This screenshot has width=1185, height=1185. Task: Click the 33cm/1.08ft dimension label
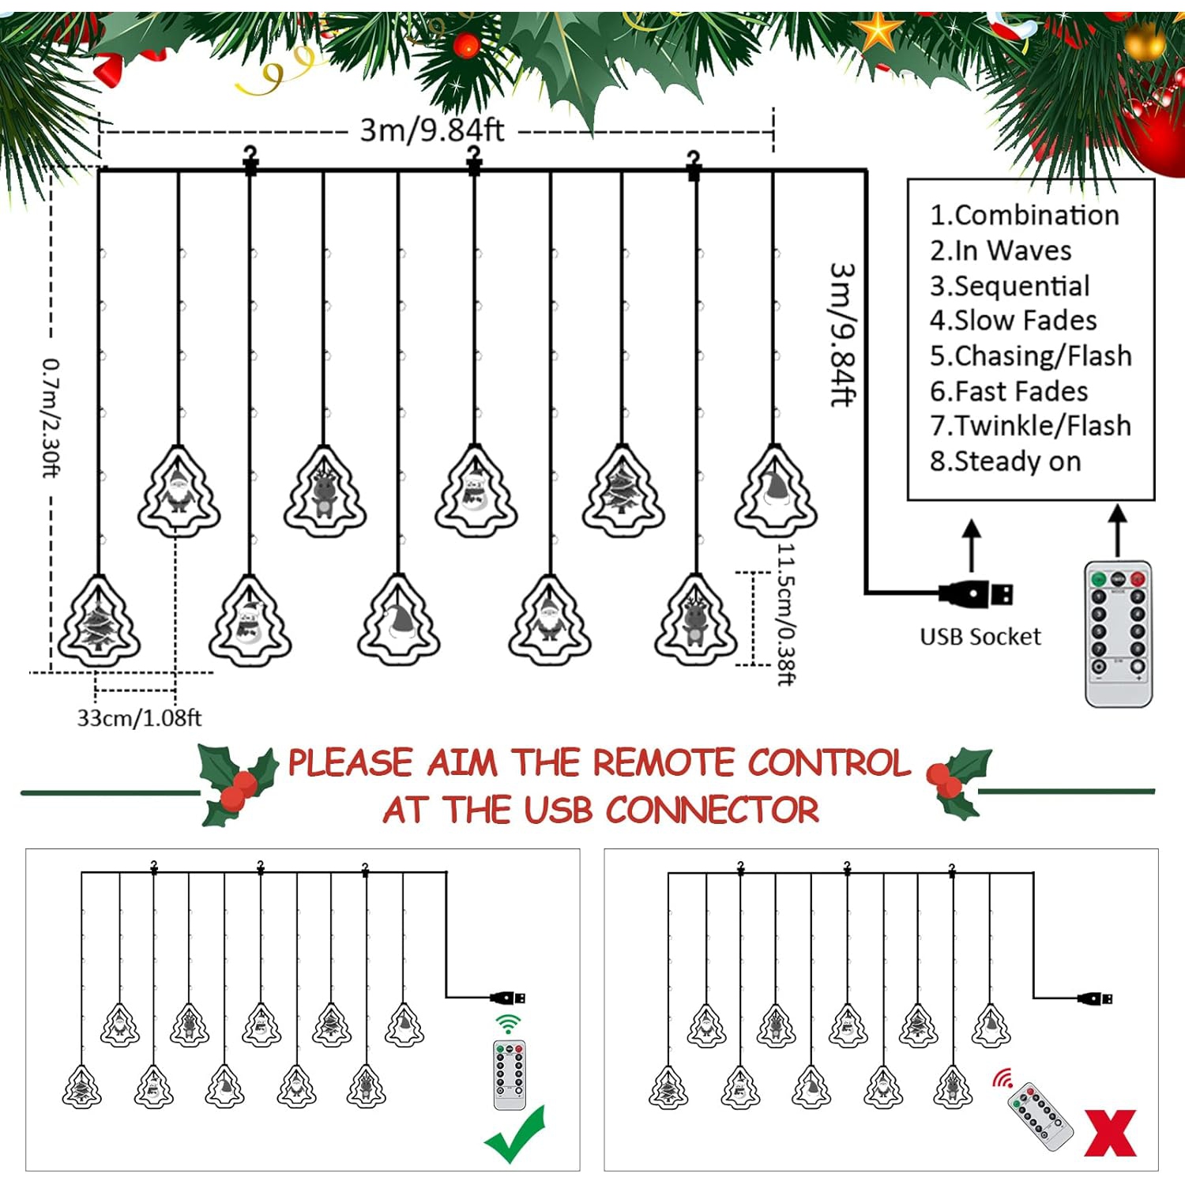pyautogui.click(x=139, y=718)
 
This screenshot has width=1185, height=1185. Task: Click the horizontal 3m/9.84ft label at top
pyautogui.click(x=432, y=130)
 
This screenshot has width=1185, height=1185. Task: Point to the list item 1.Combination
pyautogui.click(x=1025, y=215)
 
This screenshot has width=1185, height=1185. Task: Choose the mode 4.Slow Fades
pyautogui.click(x=1014, y=321)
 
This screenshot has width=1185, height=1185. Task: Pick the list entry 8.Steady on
pyautogui.click(x=1005, y=461)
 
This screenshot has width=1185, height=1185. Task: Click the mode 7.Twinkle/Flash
pyautogui.click(x=1030, y=426)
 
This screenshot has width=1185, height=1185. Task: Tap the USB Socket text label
pyautogui.click(x=980, y=637)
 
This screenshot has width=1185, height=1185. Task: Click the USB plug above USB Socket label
pyautogui.click(x=976, y=594)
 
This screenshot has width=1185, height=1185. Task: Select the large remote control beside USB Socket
pyautogui.click(x=1118, y=634)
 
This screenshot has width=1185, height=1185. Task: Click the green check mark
pyautogui.click(x=515, y=1134)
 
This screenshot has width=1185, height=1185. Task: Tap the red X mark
pyautogui.click(x=1110, y=1133)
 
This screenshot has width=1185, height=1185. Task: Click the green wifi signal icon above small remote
pyautogui.click(x=509, y=1025)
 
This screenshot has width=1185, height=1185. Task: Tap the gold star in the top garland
pyautogui.click(x=878, y=32)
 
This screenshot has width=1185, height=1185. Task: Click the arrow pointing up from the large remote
pyautogui.click(x=1117, y=531)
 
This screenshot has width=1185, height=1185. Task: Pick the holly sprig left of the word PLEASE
pyautogui.click(x=236, y=784)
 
